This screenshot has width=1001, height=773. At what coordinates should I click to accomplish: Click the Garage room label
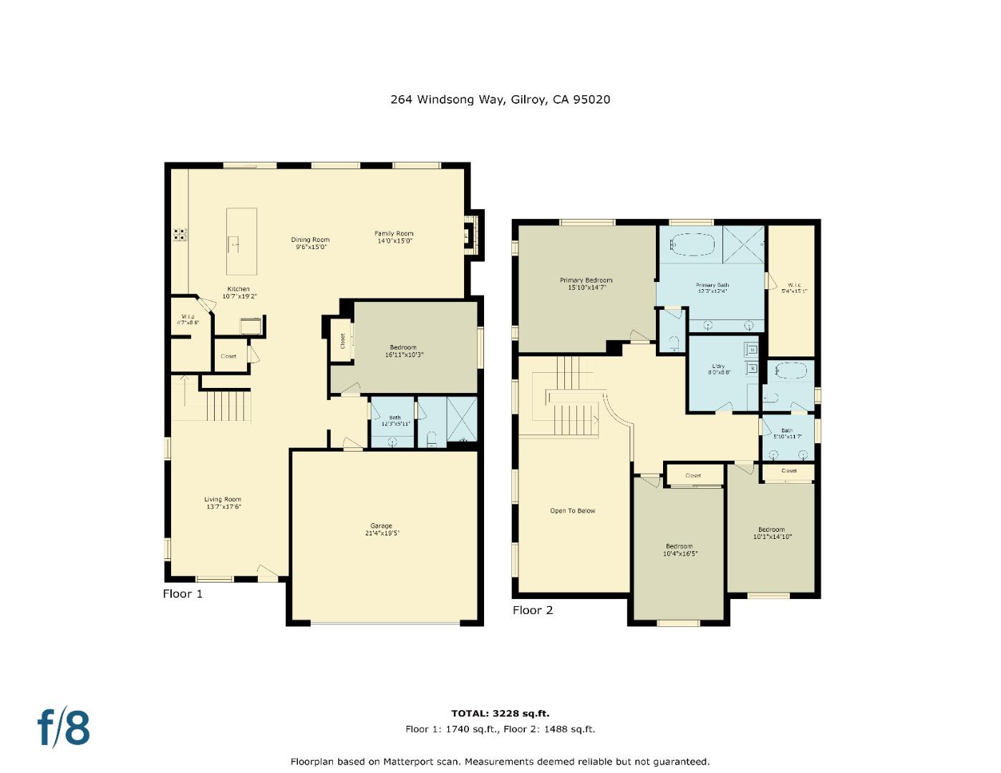coord(381,529)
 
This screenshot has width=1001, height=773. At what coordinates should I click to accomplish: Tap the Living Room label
coord(223,502)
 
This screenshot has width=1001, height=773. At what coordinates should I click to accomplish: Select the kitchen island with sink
coord(241,242)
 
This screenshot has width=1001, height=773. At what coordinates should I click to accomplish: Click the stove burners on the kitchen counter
coord(180,233)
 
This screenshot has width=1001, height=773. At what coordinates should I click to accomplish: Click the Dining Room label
coord(310,243)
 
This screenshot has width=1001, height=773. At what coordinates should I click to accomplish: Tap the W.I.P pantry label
coord(188,319)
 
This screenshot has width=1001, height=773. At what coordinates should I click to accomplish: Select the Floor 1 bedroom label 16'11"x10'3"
coord(403,351)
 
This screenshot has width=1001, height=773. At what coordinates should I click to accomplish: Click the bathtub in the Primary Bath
coord(693,245)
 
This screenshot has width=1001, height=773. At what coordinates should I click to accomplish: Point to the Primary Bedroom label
coord(586,283)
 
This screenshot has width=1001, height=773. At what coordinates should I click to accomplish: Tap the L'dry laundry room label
coord(718,369)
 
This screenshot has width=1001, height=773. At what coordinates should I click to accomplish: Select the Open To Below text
coord(572,511)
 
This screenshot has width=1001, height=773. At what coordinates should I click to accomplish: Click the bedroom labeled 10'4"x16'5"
coord(679,550)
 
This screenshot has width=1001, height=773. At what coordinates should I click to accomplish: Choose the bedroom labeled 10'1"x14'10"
coord(772,533)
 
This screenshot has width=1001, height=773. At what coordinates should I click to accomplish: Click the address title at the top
coord(500,99)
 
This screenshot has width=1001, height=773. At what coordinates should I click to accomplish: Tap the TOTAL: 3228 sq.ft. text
coord(500,713)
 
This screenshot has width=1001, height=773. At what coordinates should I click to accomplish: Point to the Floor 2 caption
coord(533,610)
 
